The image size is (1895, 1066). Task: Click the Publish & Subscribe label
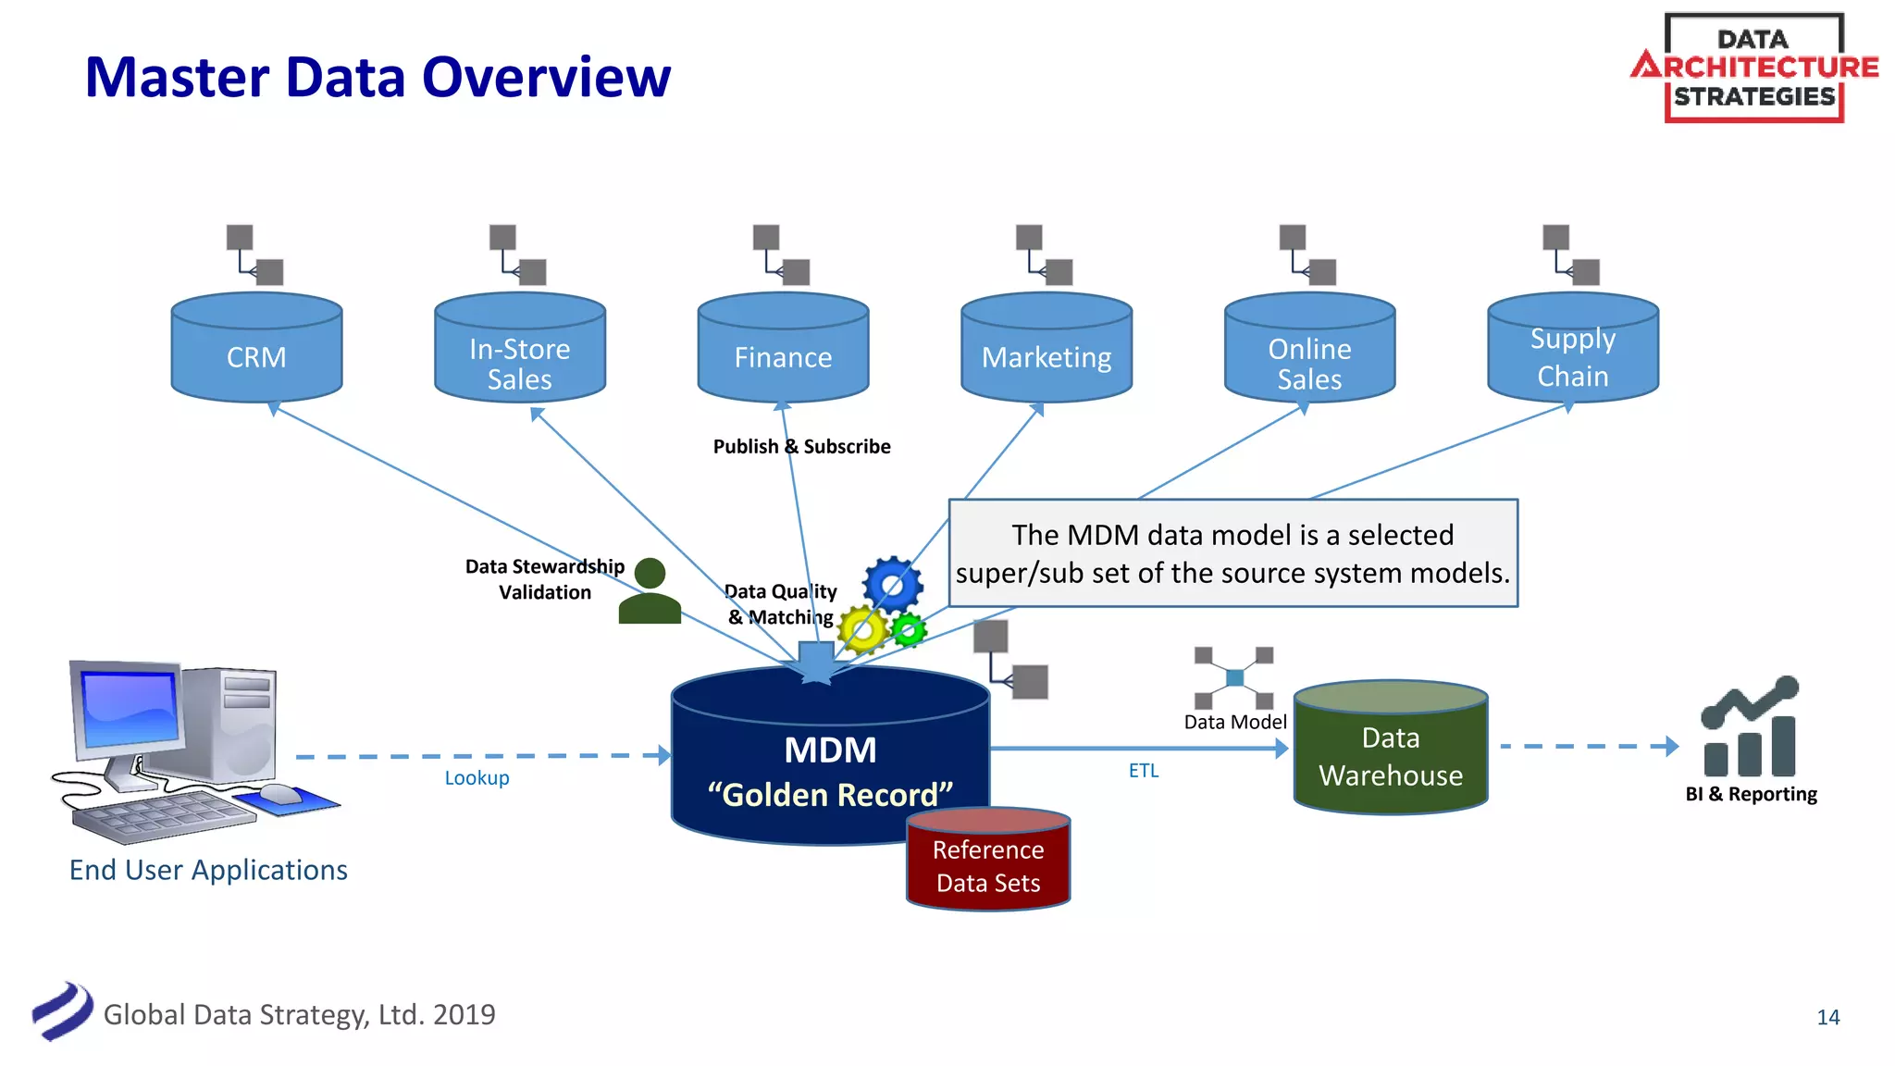click(801, 446)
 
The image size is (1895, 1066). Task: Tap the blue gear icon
click(893, 585)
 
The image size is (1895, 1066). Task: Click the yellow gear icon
click(862, 630)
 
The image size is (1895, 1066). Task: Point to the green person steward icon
click(650, 592)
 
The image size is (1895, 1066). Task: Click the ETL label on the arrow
click(1144, 770)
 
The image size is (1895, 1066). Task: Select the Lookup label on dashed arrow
click(477, 777)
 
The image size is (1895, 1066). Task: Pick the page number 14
click(1827, 1017)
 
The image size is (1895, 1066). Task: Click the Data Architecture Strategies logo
click(1753, 68)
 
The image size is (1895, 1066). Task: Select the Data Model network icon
click(1233, 678)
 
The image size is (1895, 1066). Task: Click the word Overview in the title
click(547, 77)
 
